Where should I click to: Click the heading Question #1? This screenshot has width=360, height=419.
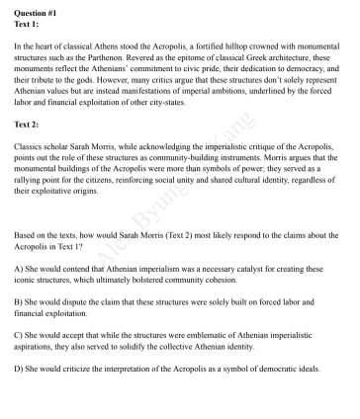point(32,8)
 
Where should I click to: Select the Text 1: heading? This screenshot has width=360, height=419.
point(27,21)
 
